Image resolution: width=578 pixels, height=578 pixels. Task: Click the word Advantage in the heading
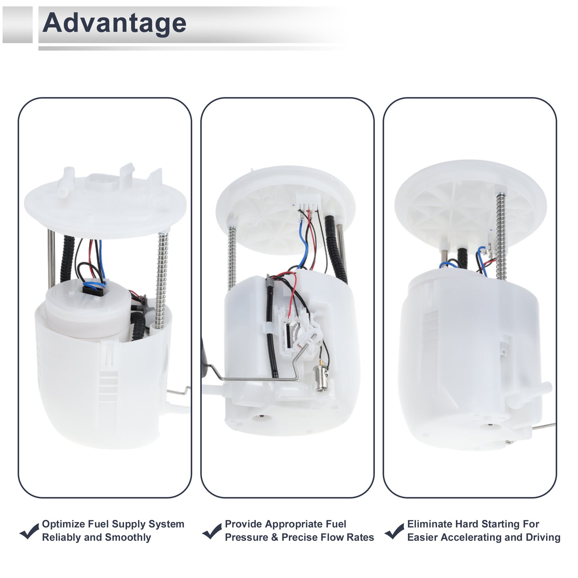pos(114,24)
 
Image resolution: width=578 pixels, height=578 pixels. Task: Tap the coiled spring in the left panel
pos(162,279)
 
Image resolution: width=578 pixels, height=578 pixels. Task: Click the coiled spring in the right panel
pos(501,236)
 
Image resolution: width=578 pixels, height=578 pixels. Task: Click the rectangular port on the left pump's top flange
pos(102,182)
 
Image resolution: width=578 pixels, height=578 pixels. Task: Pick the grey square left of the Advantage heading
pos(17,25)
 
